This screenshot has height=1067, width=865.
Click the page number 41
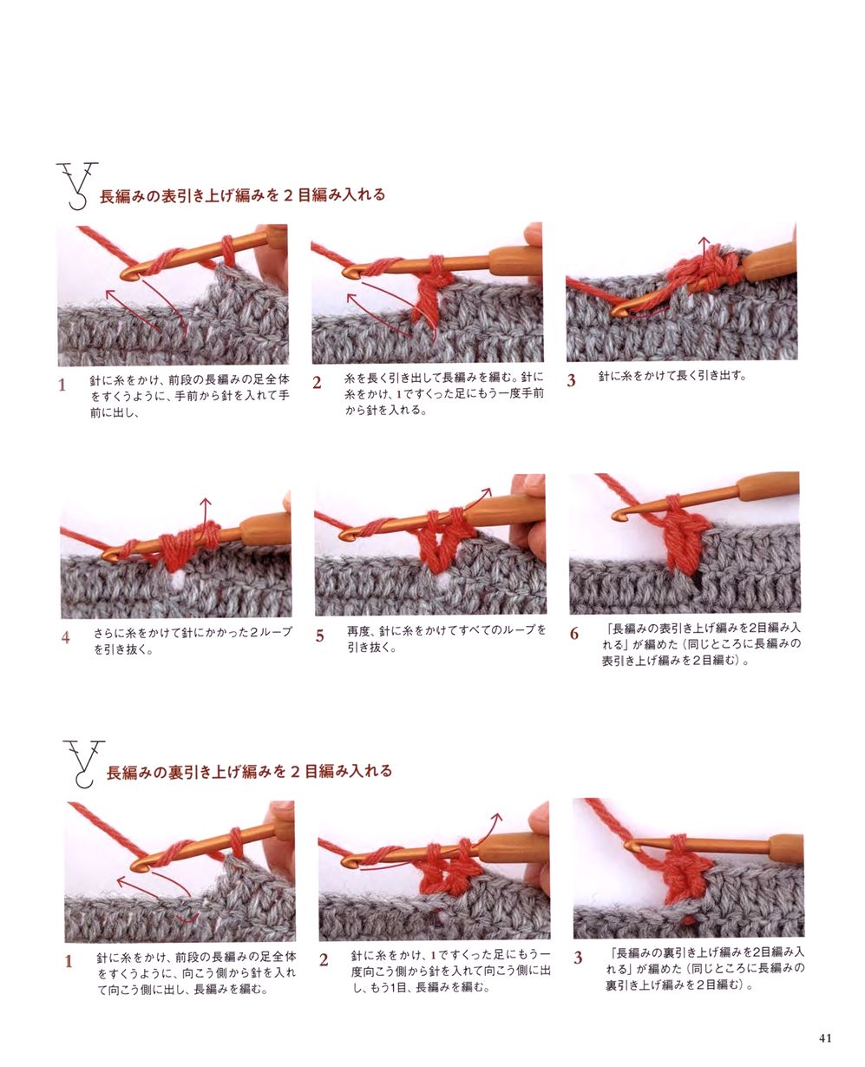tap(825, 1037)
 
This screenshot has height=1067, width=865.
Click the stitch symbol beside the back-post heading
tap(83, 763)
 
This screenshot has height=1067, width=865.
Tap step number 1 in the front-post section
tap(62, 385)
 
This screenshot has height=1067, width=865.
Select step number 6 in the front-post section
tap(573, 634)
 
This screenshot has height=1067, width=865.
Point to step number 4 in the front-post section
tap(66, 637)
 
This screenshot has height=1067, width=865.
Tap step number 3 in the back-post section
tap(578, 958)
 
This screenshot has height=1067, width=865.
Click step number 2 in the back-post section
tap(324, 960)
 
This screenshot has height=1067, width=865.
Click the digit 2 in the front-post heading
tap(288, 194)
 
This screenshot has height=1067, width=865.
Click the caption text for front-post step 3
tap(672, 376)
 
